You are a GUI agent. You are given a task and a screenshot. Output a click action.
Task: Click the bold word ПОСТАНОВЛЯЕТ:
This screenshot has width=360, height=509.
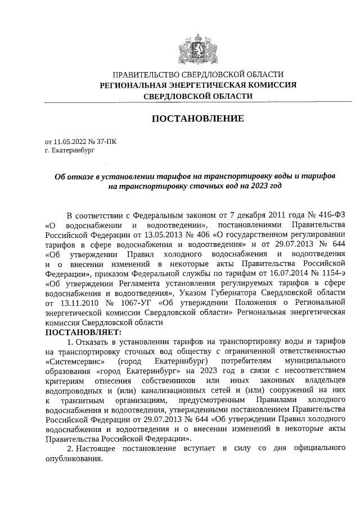[x=82, y=332]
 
